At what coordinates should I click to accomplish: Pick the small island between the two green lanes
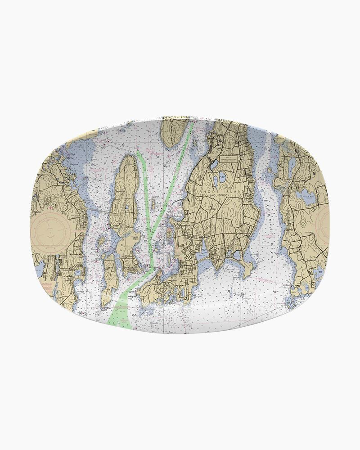tap(170, 234)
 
